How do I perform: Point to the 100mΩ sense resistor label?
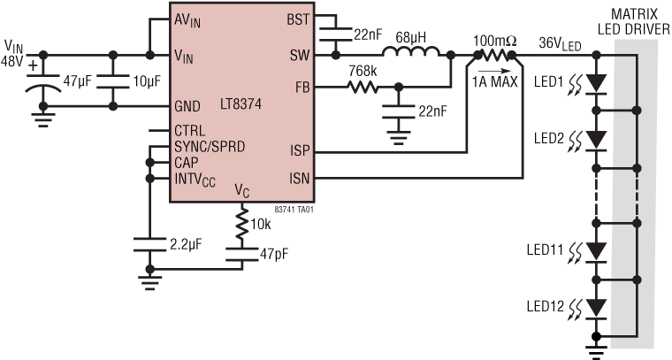click(x=496, y=42)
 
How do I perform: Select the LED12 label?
click(x=545, y=306)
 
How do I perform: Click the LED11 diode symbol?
click(x=598, y=250)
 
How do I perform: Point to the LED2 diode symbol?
click(x=598, y=139)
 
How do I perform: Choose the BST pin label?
click(x=298, y=19)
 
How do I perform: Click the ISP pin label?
click(x=299, y=151)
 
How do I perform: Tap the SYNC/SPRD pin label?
click(x=211, y=146)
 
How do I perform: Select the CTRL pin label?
click(x=190, y=130)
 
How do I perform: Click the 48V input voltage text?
click(x=13, y=59)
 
